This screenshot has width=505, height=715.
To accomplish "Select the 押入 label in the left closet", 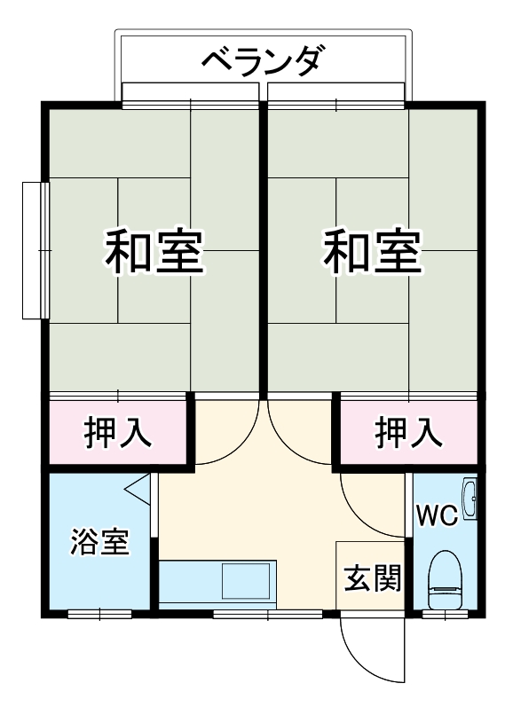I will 117,433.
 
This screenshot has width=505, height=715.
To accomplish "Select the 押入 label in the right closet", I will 407,433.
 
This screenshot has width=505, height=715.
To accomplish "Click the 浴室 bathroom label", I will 99,541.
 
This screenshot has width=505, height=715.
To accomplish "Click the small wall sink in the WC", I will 471,499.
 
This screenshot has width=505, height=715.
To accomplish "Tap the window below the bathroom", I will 99,613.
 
